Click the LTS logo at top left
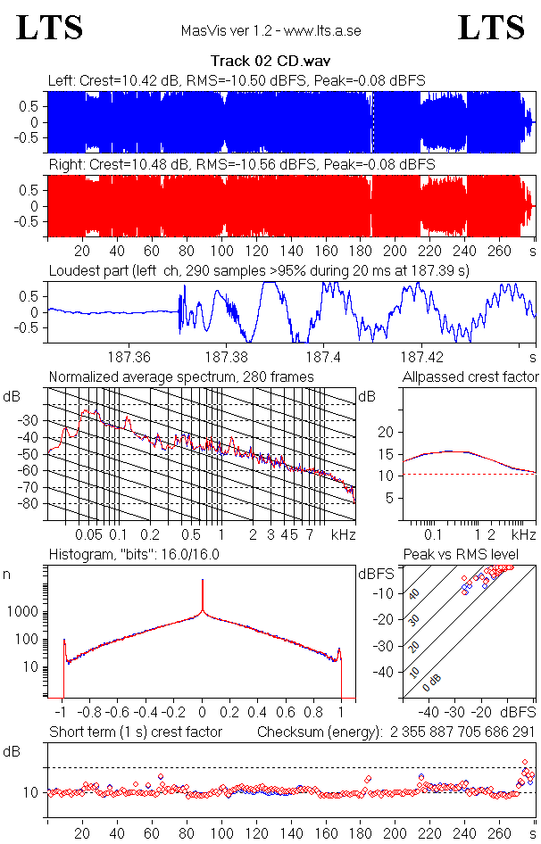click(x=50, y=28)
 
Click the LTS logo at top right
click(x=491, y=28)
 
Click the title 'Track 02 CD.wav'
click(x=270, y=62)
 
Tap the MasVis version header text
click(x=270, y=31)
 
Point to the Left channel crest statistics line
click(x=237, y=80)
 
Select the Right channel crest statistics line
click(x=241, y=165)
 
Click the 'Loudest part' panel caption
click(x=259, y=270)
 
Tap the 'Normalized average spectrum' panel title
click(x=181, y=377)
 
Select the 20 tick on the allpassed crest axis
click(x=387, y=432)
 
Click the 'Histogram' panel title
click(x=134, y=555)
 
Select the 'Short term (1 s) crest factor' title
click(x=135, y=732)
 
